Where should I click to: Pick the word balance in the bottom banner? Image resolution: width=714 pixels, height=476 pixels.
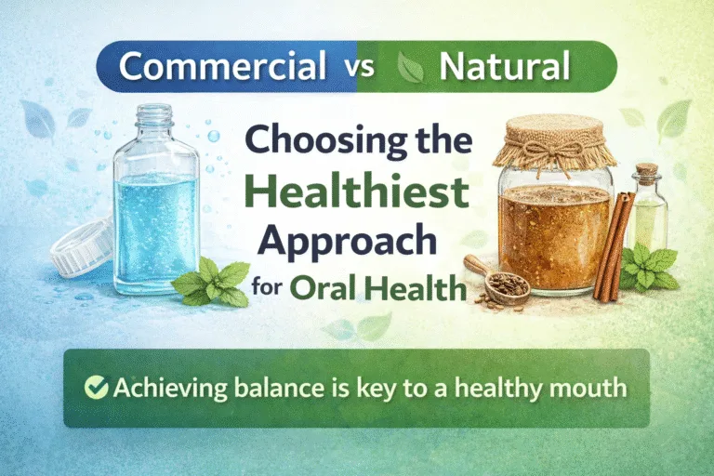pos(268,387)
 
